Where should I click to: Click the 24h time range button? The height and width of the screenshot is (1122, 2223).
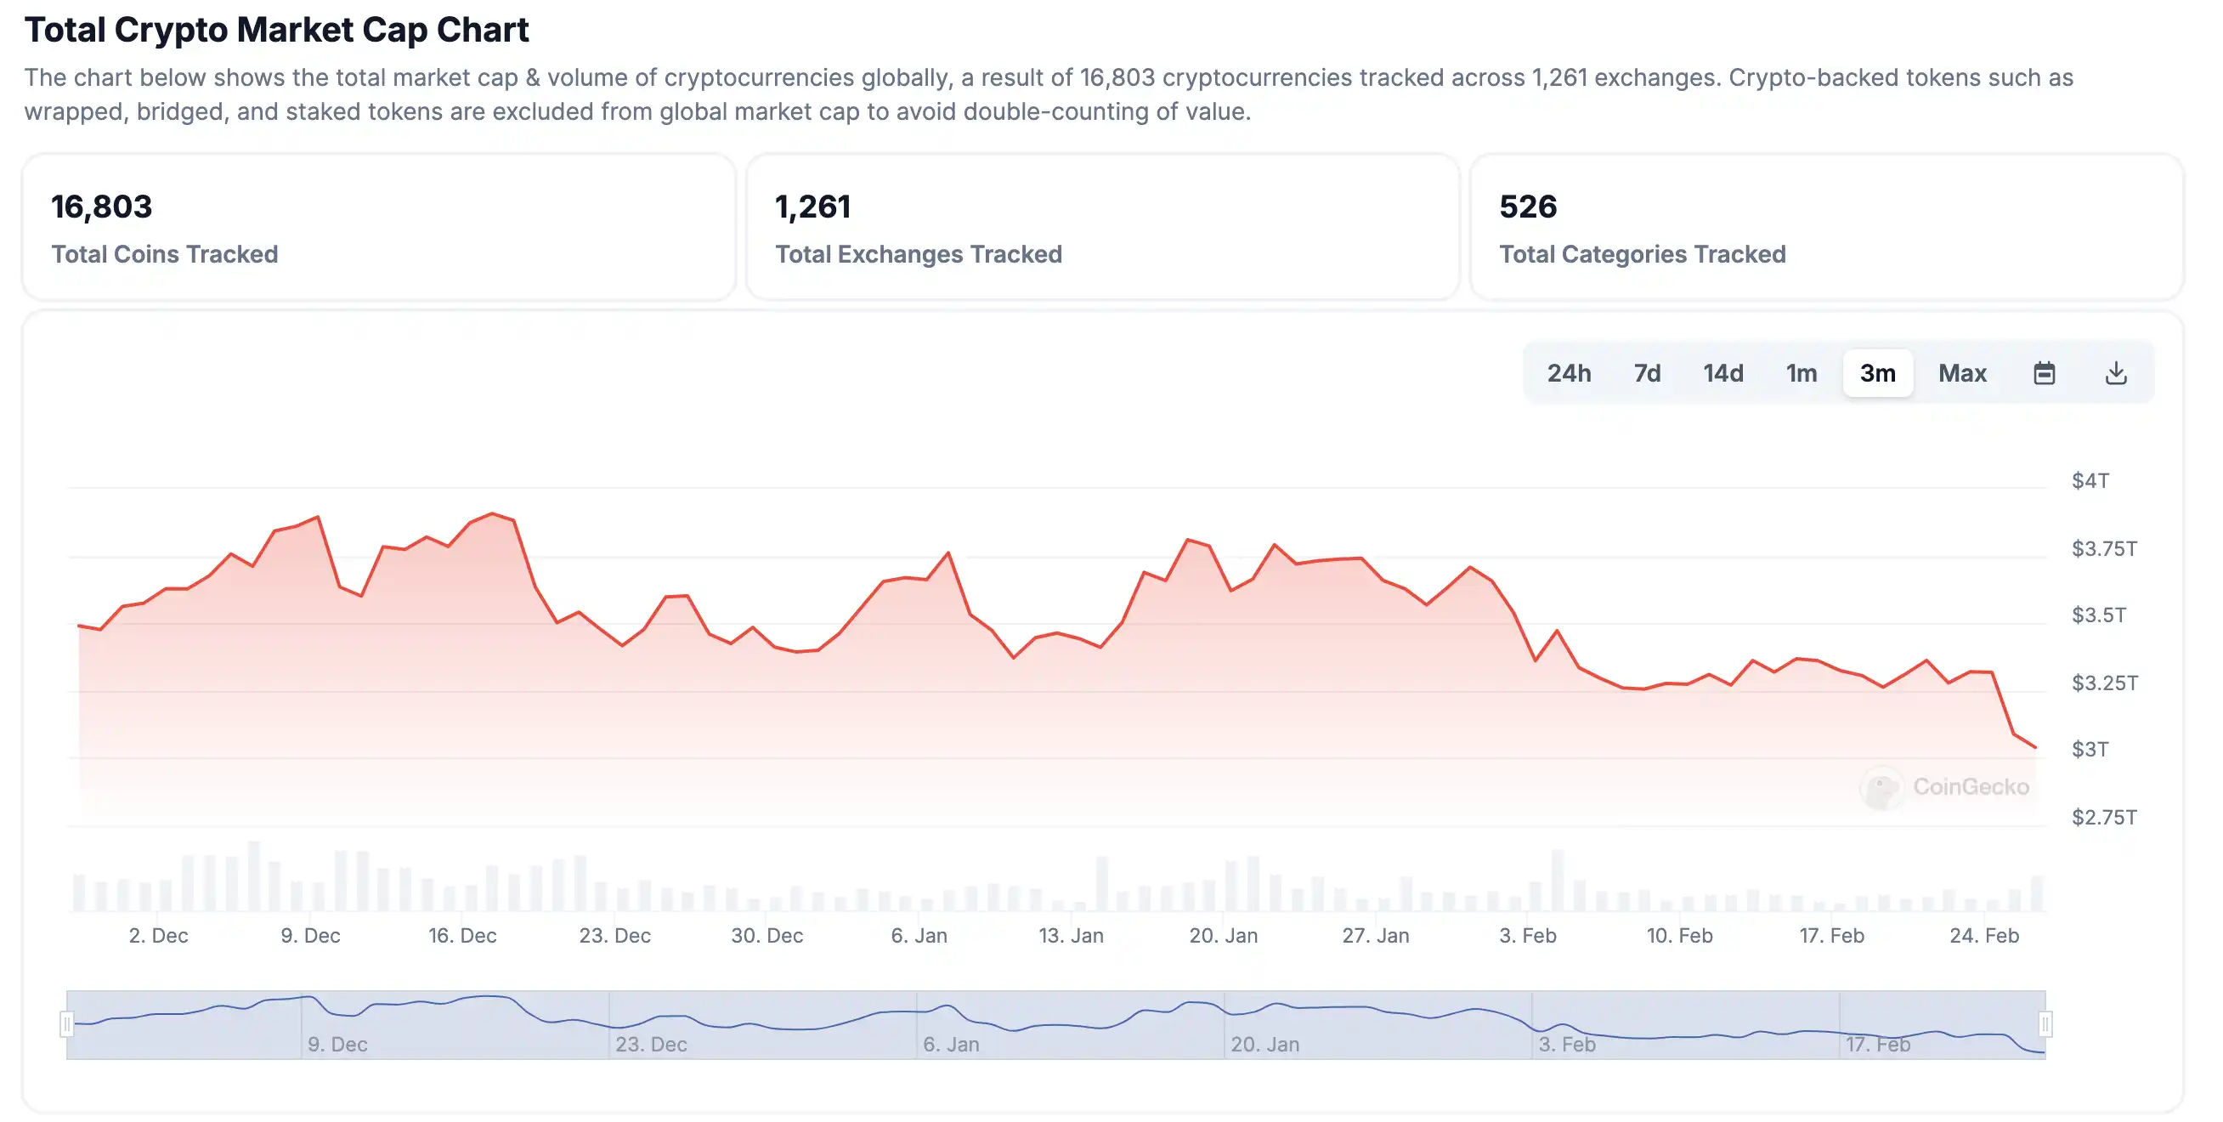click(x=1568, y=373)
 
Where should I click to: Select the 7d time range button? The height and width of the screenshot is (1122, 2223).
click(x=1647, y=373)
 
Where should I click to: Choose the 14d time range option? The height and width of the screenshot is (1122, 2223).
click(x=1722, y=373)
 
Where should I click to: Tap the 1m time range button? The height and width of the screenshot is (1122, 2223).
click(x=1801, y=373)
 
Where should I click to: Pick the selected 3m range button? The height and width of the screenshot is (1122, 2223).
click(x=1877, y=373)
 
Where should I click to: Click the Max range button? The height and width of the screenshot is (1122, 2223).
click(x=1961, y=373)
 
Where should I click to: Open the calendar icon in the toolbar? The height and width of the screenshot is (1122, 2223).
click(x=2044, y=373)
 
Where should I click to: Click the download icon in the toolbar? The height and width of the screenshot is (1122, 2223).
click(x=2115, y=373)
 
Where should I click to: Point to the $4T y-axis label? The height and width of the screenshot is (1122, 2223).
click(x=2090, y=481)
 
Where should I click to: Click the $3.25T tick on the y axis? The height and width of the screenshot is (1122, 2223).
click(x=2104, y=683)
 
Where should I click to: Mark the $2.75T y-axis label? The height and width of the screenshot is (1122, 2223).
click(x=2104, y=817)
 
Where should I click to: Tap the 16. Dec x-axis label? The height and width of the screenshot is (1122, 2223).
click(x=461, y=935)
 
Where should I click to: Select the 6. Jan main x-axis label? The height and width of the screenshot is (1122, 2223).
click(x=919, y=935)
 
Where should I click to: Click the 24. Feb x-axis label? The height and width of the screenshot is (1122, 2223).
click(x=1983, y=935)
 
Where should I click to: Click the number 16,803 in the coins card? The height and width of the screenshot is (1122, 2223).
click(x=101, y=207)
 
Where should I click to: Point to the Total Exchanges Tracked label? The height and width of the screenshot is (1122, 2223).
click(x=918, y=254)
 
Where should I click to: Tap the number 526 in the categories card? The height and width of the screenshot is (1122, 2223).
click(x=1526, y=207)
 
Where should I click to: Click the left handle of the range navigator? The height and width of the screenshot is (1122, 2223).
click(x=66, y=1023)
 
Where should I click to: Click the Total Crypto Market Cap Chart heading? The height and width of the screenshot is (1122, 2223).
click(x=276, y=30)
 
